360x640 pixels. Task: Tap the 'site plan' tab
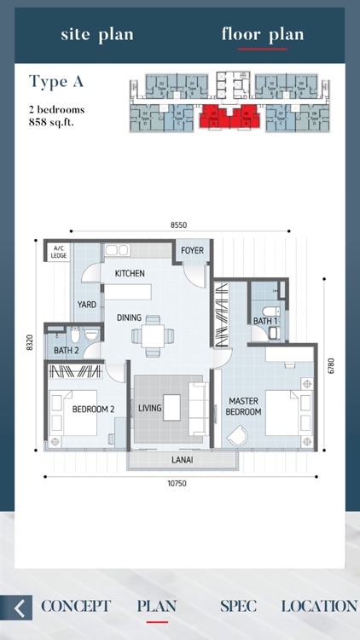pyautogui.click(x=96, y=35)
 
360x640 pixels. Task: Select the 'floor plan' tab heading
pyautogui.click(x=263, y=35)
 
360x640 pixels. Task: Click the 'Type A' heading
pyautogui.click(x=56, y=82)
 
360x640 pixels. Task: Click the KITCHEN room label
pyautogui.click(x=130, y=273)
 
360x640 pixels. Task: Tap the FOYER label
pyautogui.click(x=192, y=251)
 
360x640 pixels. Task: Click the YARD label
pyautogui.click(x=86, y=304)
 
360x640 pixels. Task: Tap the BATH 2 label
pyautogui.click(x=67, y=351)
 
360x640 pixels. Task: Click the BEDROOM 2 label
pyautogui.click(x=94, y=410)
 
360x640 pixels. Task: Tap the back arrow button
pyautogui.click(x=17, y=607)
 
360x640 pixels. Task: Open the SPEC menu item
pyautogui.click(x=238, y=606)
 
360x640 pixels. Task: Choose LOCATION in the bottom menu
pyautogui.click(x=319, y=606)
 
